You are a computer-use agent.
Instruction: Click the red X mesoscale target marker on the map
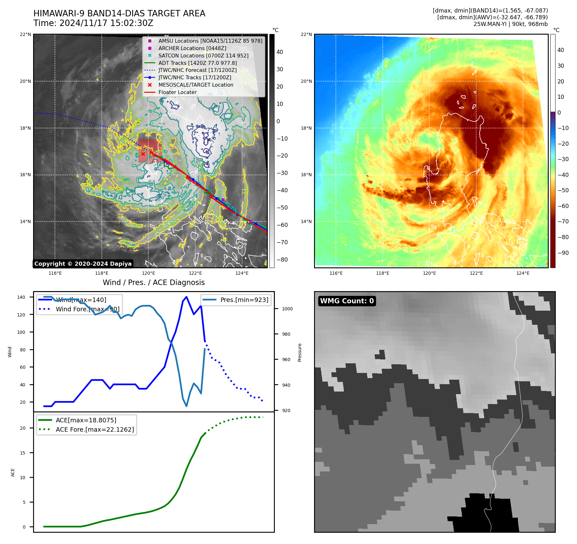143,154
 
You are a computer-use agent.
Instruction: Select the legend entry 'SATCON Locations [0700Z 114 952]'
203,56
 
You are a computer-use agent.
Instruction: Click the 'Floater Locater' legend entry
177,92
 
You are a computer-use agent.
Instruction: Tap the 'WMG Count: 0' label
347,301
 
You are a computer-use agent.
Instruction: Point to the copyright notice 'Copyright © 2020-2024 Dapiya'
83,264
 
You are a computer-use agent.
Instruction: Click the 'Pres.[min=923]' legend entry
244,300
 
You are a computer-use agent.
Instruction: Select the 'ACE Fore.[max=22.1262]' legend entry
95,429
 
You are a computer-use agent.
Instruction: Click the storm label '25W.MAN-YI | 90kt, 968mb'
510,24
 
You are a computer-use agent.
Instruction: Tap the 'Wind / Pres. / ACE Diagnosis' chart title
153,282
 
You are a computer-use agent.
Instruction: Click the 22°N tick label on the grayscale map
26,34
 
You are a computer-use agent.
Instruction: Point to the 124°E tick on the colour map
523,273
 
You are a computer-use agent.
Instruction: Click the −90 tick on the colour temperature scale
563,253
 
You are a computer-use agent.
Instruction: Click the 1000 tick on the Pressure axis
287,309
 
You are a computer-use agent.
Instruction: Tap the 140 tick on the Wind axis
21,297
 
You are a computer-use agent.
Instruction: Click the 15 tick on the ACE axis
23,453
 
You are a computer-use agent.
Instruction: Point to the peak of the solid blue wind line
187,297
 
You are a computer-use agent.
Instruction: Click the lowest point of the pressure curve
187,406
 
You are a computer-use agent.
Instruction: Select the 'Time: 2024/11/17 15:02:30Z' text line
93,23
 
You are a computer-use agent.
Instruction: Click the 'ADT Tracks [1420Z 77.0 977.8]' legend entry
197,63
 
